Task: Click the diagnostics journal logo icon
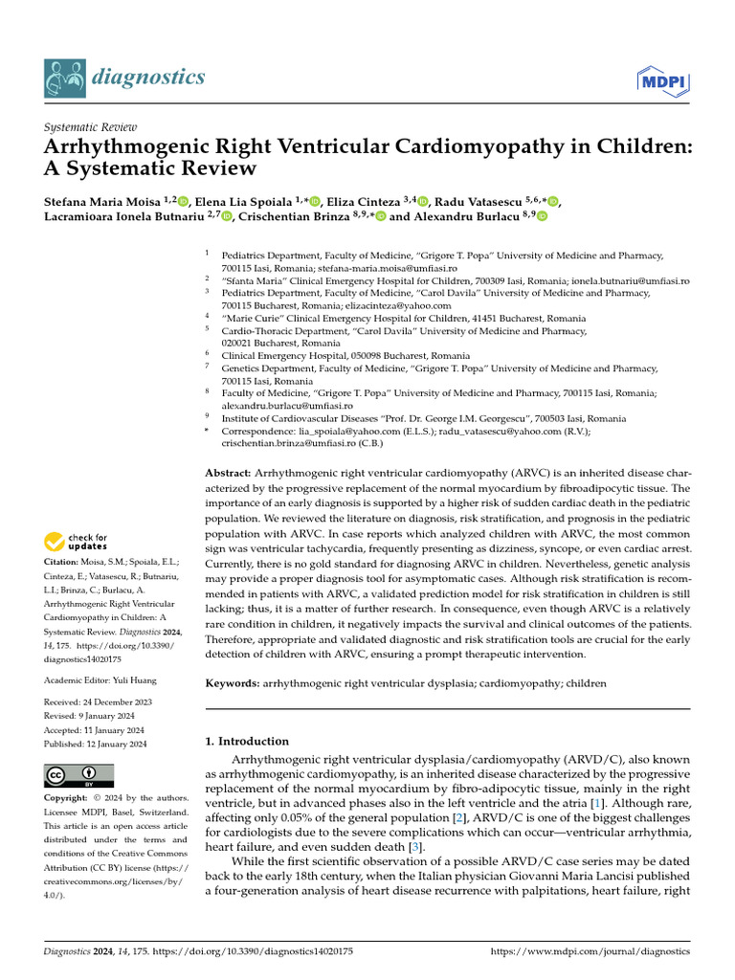(x=64, y=77)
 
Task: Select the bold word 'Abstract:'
(x=229, y=474)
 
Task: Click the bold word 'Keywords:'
(x=233, y=684)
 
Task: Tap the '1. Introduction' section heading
(x=248, y=741)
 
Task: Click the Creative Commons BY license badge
(x=78, y=775)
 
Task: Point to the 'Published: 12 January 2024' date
(x=95, y=744)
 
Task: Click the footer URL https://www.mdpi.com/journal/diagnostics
(x=590, y=951)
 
